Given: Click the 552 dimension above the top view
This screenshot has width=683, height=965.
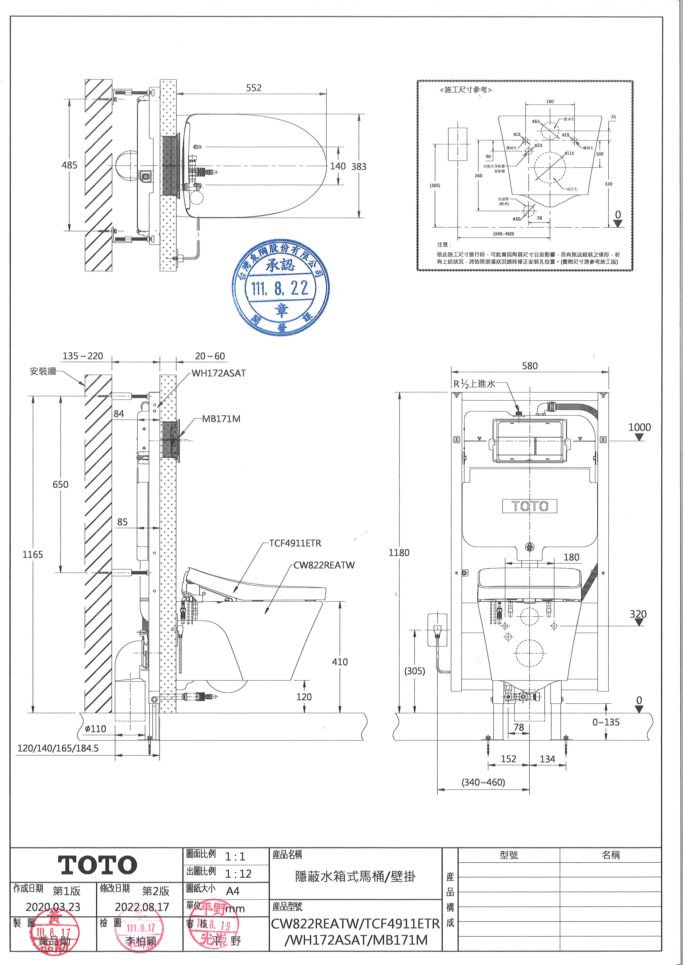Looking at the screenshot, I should click(254, 88).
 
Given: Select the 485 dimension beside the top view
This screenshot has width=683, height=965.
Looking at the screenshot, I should click(69, 165).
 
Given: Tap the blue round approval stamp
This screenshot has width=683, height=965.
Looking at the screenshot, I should click(281, 288).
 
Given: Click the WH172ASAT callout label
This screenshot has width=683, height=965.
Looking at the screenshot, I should click(219, 373).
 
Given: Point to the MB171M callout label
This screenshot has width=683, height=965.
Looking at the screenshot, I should click(221, 419).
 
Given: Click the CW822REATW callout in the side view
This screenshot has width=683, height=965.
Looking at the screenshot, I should click(324, 565).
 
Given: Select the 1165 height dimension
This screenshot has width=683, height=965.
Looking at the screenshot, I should click(33, 555).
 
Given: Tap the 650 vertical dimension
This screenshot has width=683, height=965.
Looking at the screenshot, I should click(60, 485).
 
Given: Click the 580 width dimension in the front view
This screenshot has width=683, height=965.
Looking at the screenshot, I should click(530, 366).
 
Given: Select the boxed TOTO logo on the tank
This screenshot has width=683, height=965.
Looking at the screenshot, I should click(530, 506).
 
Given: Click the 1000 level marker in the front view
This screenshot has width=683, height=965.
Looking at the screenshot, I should click(639, 427).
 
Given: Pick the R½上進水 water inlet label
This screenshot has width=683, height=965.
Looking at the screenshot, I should click(475, 384).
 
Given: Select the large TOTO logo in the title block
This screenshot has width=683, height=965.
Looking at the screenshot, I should click(97, 865).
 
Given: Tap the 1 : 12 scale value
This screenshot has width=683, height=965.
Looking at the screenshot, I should click(238, 874).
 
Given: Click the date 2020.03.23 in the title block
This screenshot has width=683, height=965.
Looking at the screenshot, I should click(53, 907).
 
